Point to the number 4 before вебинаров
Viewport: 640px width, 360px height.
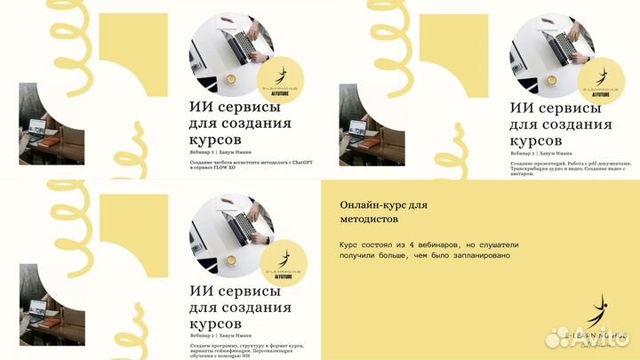(411, 244)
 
